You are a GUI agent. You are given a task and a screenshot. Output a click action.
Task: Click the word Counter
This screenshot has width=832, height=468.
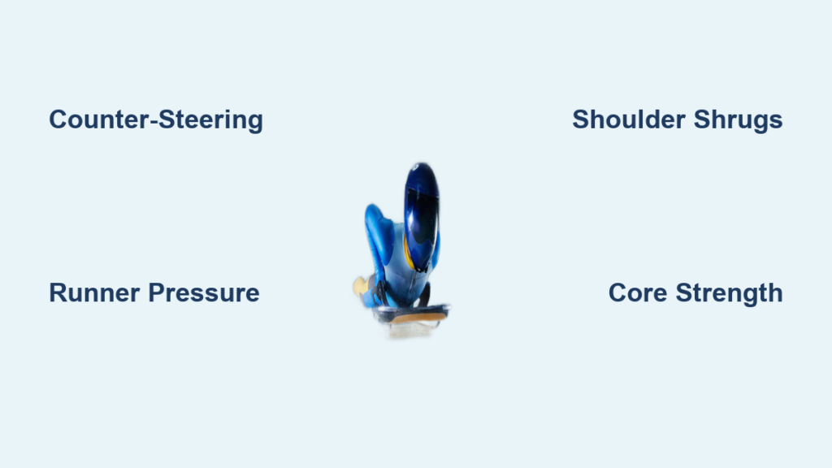(99, 119)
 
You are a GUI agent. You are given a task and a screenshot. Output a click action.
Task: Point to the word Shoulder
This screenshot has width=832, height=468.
(629, 119)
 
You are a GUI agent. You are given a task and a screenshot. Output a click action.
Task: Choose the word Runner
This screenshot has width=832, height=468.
(94, 292)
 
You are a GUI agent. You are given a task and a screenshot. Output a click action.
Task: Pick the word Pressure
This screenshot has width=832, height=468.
(204, 292)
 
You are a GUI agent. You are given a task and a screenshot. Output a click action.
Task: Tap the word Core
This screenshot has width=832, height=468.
(637, 292)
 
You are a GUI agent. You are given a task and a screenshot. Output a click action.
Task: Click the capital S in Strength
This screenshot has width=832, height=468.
(684, 292)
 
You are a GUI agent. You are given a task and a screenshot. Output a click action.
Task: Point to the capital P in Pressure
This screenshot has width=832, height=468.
(157, 292)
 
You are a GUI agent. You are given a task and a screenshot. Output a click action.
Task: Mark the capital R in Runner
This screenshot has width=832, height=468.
(58, 292)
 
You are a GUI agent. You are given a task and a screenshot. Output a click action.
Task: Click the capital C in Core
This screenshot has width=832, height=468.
(617, 292)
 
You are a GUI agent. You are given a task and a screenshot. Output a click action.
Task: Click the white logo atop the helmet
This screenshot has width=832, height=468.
(415, 167)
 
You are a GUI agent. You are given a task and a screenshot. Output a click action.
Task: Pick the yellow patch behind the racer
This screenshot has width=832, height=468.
(361, 287)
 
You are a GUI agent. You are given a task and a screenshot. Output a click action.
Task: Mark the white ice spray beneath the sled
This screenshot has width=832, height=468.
(410, 330)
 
